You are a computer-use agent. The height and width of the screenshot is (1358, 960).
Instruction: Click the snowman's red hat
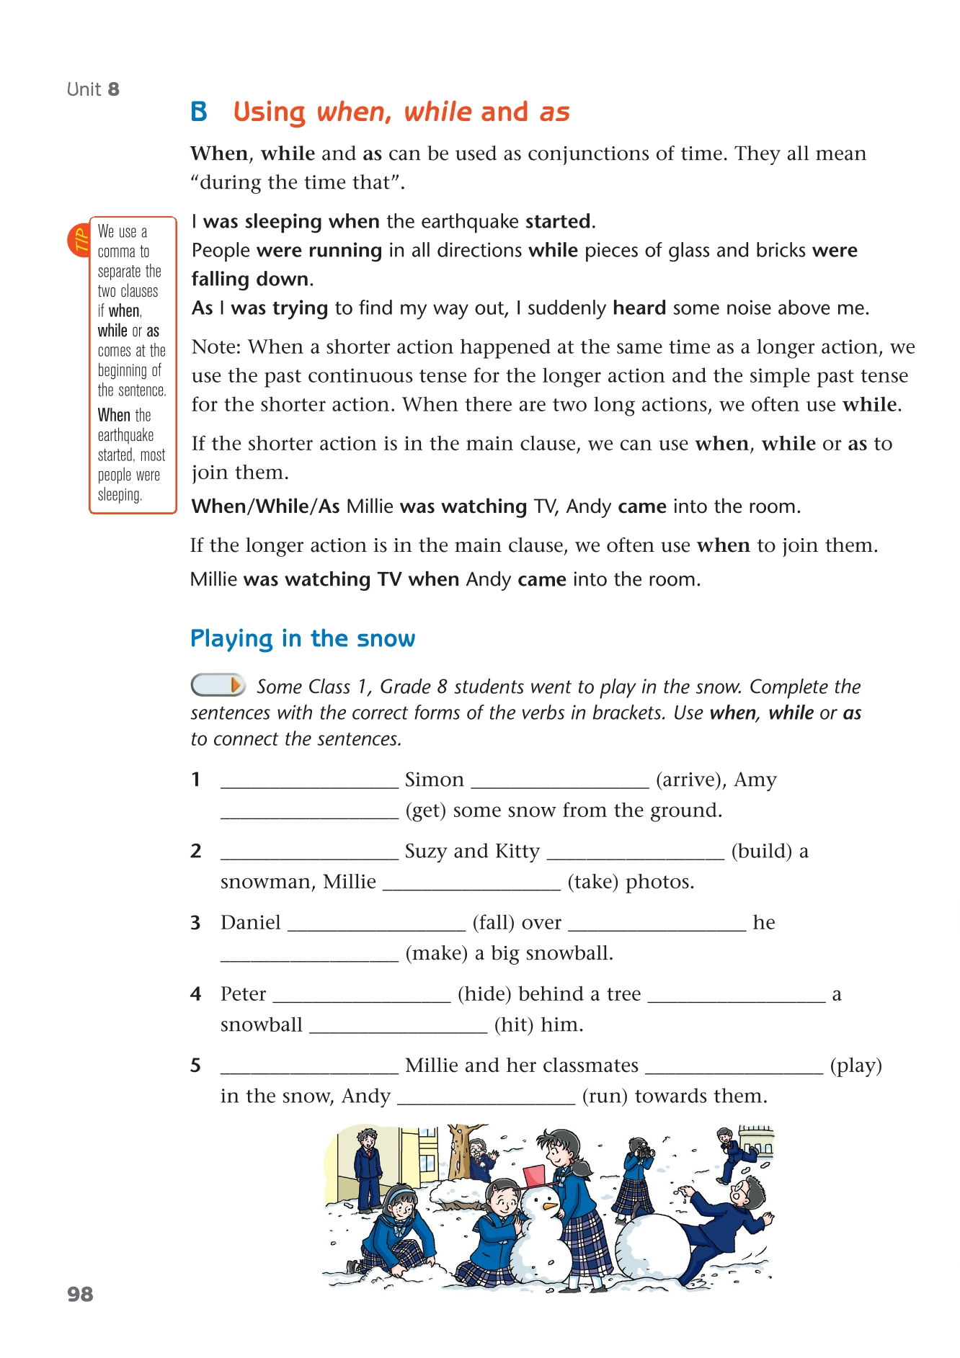[535, 1175]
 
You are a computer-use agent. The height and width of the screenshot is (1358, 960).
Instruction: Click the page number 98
[81, 1295]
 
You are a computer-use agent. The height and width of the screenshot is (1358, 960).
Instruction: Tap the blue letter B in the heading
[199, 112]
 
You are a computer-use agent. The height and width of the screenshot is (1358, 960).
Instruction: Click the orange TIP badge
[79, 240]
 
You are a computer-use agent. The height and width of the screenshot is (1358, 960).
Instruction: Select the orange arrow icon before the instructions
[234, 685]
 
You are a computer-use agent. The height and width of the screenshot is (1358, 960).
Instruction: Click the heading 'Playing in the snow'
[303, 639]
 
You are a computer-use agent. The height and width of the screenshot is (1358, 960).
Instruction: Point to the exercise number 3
[195, 923]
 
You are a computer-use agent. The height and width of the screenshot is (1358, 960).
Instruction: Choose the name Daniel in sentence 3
[251, 923]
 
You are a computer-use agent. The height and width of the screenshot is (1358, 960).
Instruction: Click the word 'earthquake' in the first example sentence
[469, 222]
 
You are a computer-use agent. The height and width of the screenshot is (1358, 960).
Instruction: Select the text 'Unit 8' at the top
[93, 89]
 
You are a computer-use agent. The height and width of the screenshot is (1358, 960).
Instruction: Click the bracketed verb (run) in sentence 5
[605, 1096]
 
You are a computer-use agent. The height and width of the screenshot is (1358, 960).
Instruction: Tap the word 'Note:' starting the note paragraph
[217, 347]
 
